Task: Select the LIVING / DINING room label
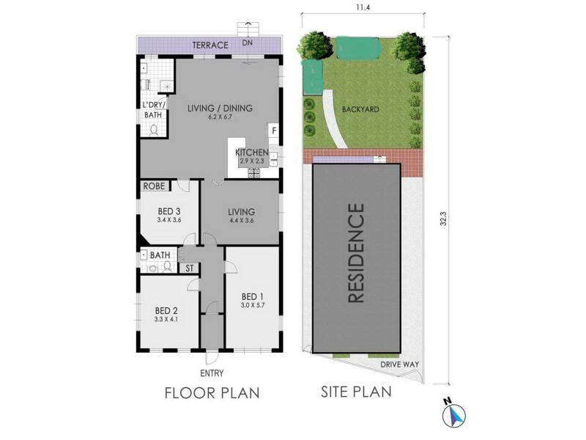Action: pos(220,109)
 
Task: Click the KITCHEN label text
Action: pos(252,153)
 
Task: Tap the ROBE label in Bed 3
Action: pos(153,186)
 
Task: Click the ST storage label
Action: pos(188,268)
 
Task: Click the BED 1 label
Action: pos(252,296)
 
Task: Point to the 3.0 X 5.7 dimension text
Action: pos(252,306)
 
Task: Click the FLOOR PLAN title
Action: pos(212,392)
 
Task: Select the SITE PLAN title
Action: pos(356,391)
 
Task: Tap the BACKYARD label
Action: pos(360,109)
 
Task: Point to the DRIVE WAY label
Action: pos(398,363)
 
